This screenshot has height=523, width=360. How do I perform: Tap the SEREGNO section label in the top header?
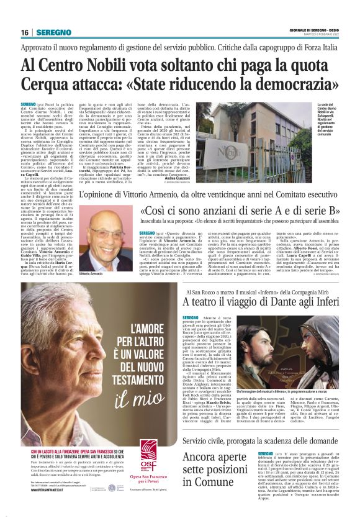(53, 32)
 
